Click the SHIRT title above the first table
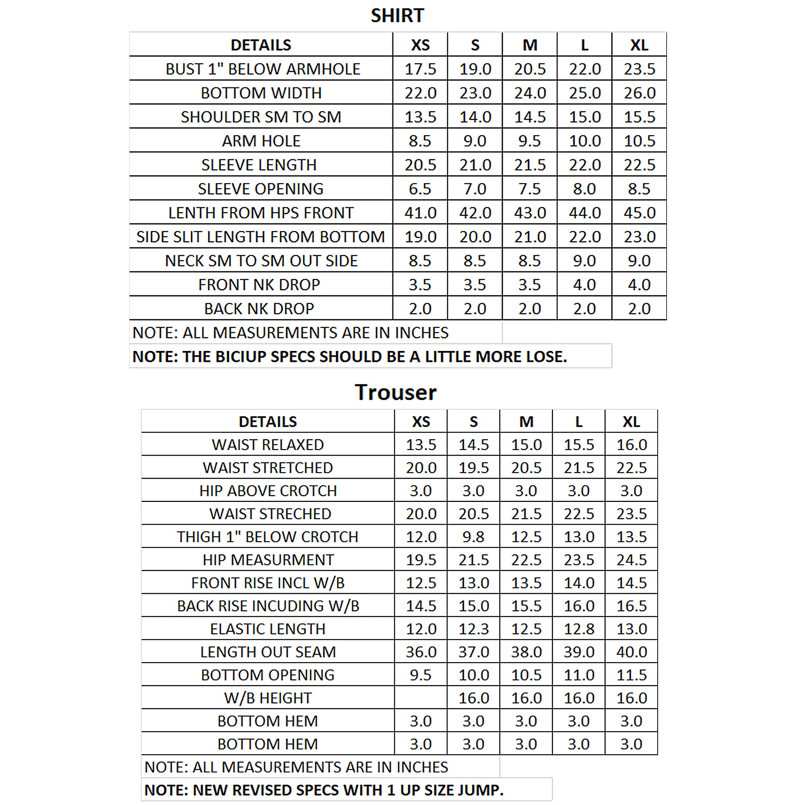(x=397, y=16)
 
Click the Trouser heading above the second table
(x=395, y=392)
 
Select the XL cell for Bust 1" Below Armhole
(x=639, y=69)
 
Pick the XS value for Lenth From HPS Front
(x=420, y=213)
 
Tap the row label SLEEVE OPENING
(x=260, y=189)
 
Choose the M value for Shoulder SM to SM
(x=530, y=117)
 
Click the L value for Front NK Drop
(x=584, y=285)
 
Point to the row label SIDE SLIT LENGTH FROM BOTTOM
(x=260, y=237)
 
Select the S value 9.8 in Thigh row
(x=473, y=537)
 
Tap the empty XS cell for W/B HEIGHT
(x=421, y=698)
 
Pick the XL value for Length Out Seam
(x=631, y=652)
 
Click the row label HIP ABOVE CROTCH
(x=268, y=491)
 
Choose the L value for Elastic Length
(x=579, y=629)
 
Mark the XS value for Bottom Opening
(x=421, y=675)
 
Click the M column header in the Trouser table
(x=526, y=422)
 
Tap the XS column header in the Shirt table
(x=420, y=45)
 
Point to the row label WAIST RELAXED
(x=268, y=445)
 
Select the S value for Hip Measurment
(x=473, y=560)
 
